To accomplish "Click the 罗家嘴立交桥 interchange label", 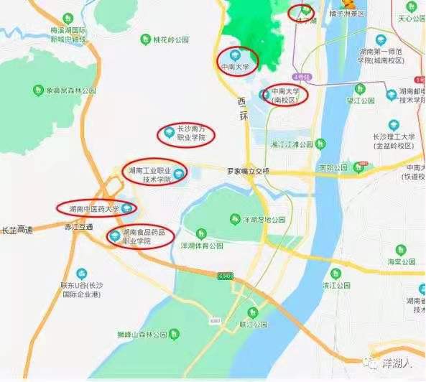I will [248, 172].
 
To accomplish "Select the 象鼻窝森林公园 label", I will [71, 91].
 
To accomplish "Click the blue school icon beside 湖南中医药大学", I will [127, 209].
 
